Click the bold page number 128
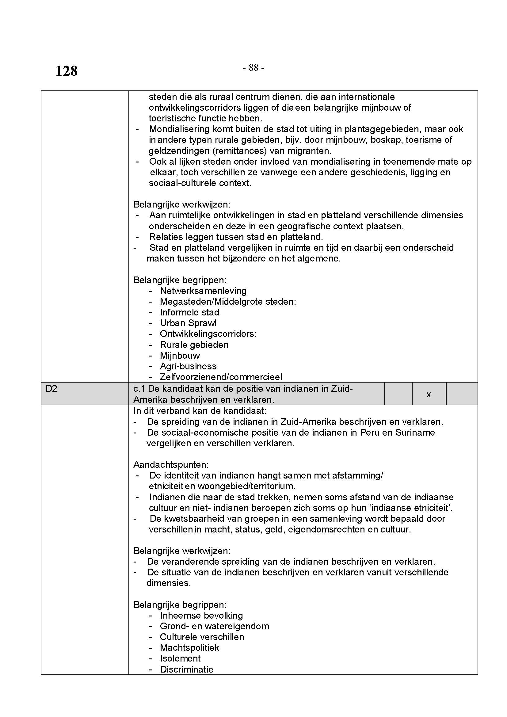click(67, 71)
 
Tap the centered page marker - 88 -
click(253, 67)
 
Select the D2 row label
click(51, 389)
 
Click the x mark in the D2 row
click(429, 395)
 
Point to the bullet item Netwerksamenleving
click(203, 291)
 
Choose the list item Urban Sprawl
click(188, 323)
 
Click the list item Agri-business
click(188, 366)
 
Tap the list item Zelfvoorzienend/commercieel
click(221, 377)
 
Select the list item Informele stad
click(189, 312)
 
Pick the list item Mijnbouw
click(180, 355)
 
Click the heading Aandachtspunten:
click(171, 465)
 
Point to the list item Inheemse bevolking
click(201, 616)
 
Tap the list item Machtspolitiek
click(189, 648)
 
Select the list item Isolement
click(180, 658)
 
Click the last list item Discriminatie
click(186, 669)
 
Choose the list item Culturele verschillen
click(202, 637)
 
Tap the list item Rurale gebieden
click(194, 345)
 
